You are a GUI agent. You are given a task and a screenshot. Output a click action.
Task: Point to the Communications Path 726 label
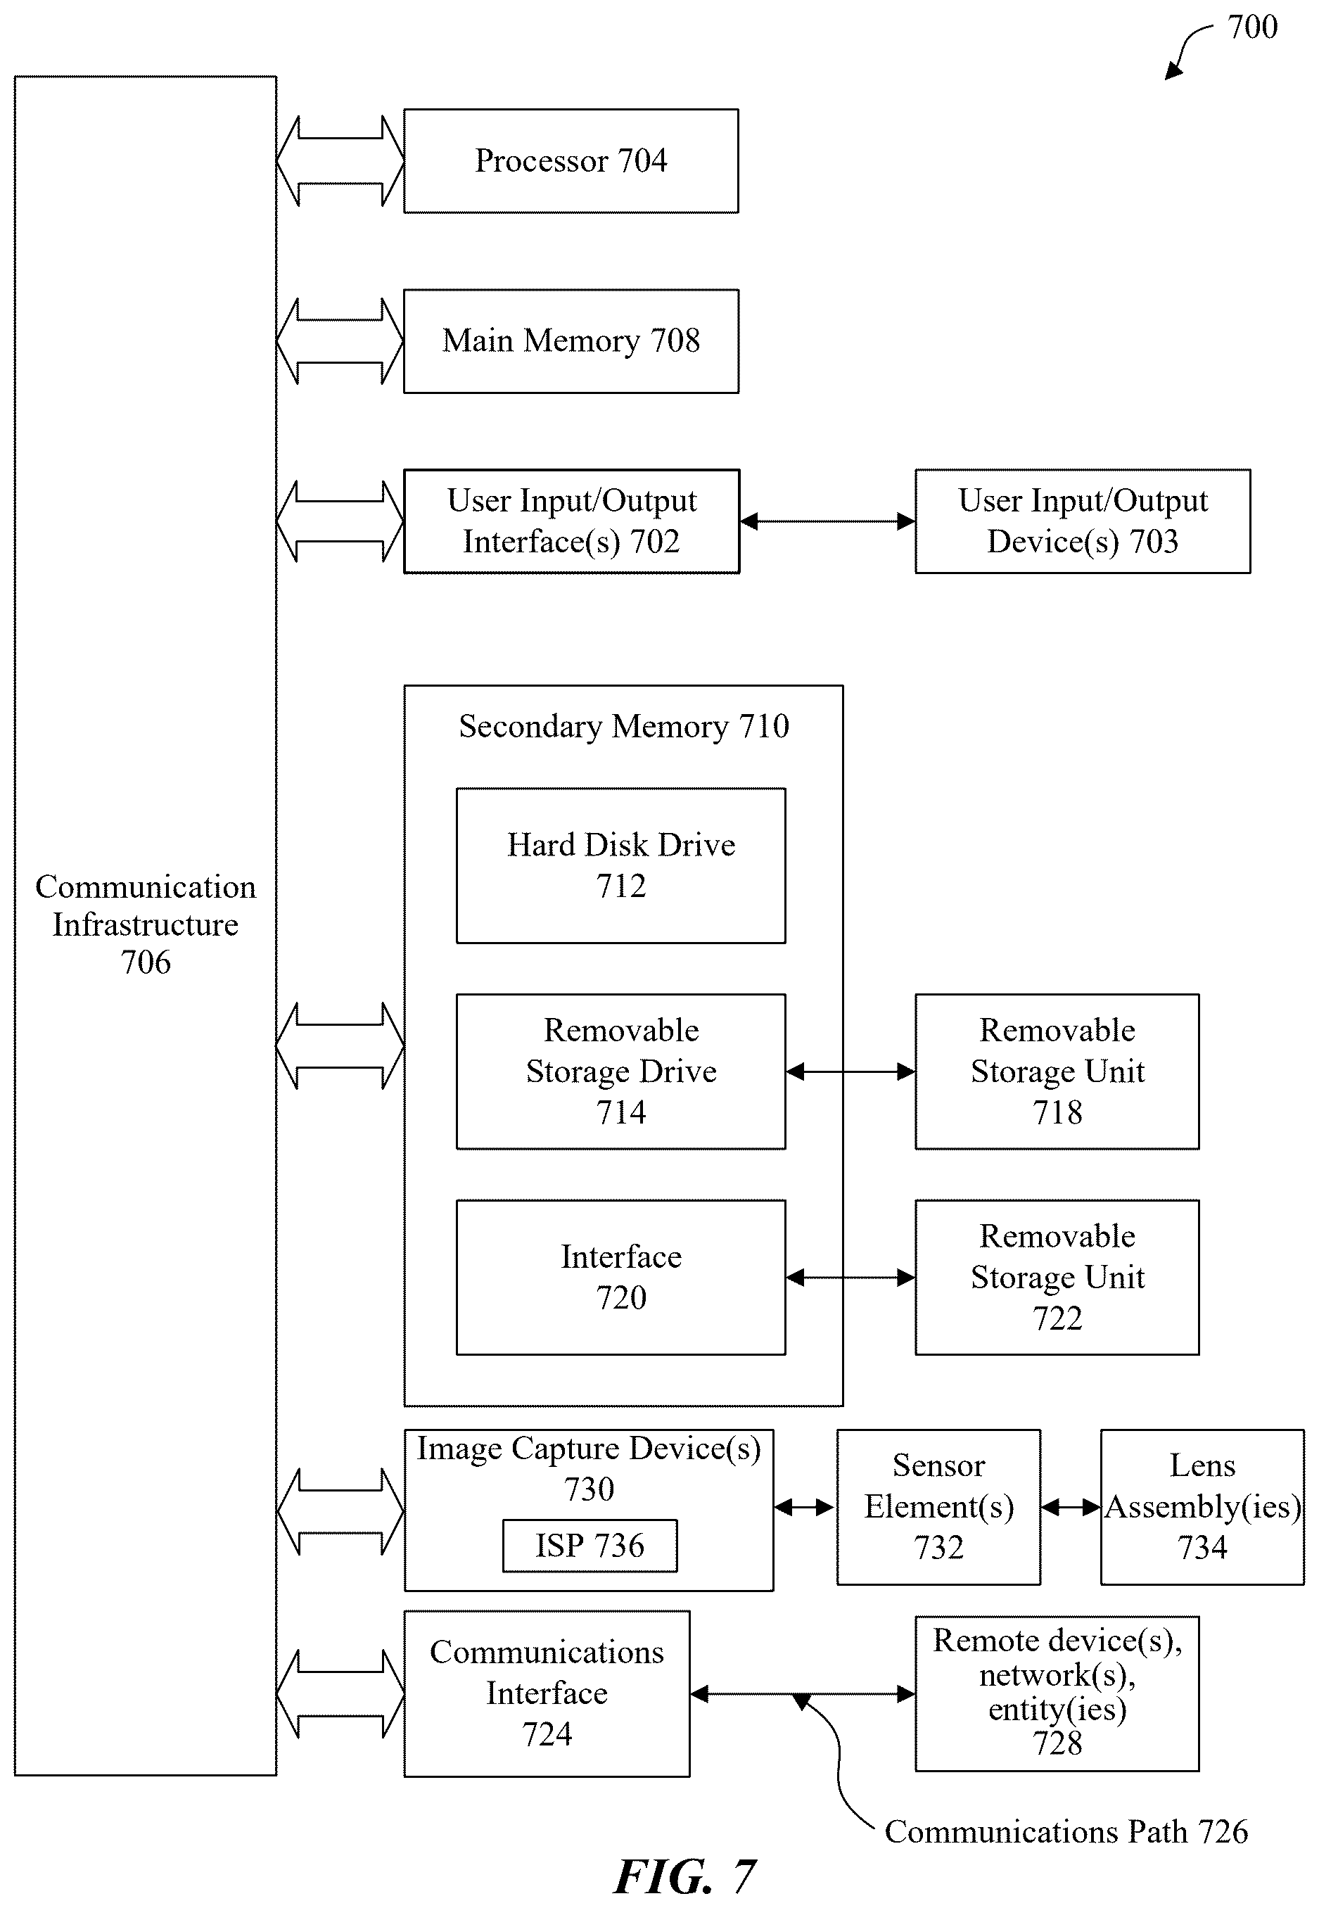(x=1066, y=1832)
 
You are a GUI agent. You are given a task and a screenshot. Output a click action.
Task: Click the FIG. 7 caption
(x=684, y=1876)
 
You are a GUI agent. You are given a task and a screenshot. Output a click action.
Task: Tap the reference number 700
(x=1252, y=27)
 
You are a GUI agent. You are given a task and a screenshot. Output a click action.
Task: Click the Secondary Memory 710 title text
(x=624, y=726)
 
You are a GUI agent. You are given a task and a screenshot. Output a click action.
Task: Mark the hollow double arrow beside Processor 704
(x=340, y=161)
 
